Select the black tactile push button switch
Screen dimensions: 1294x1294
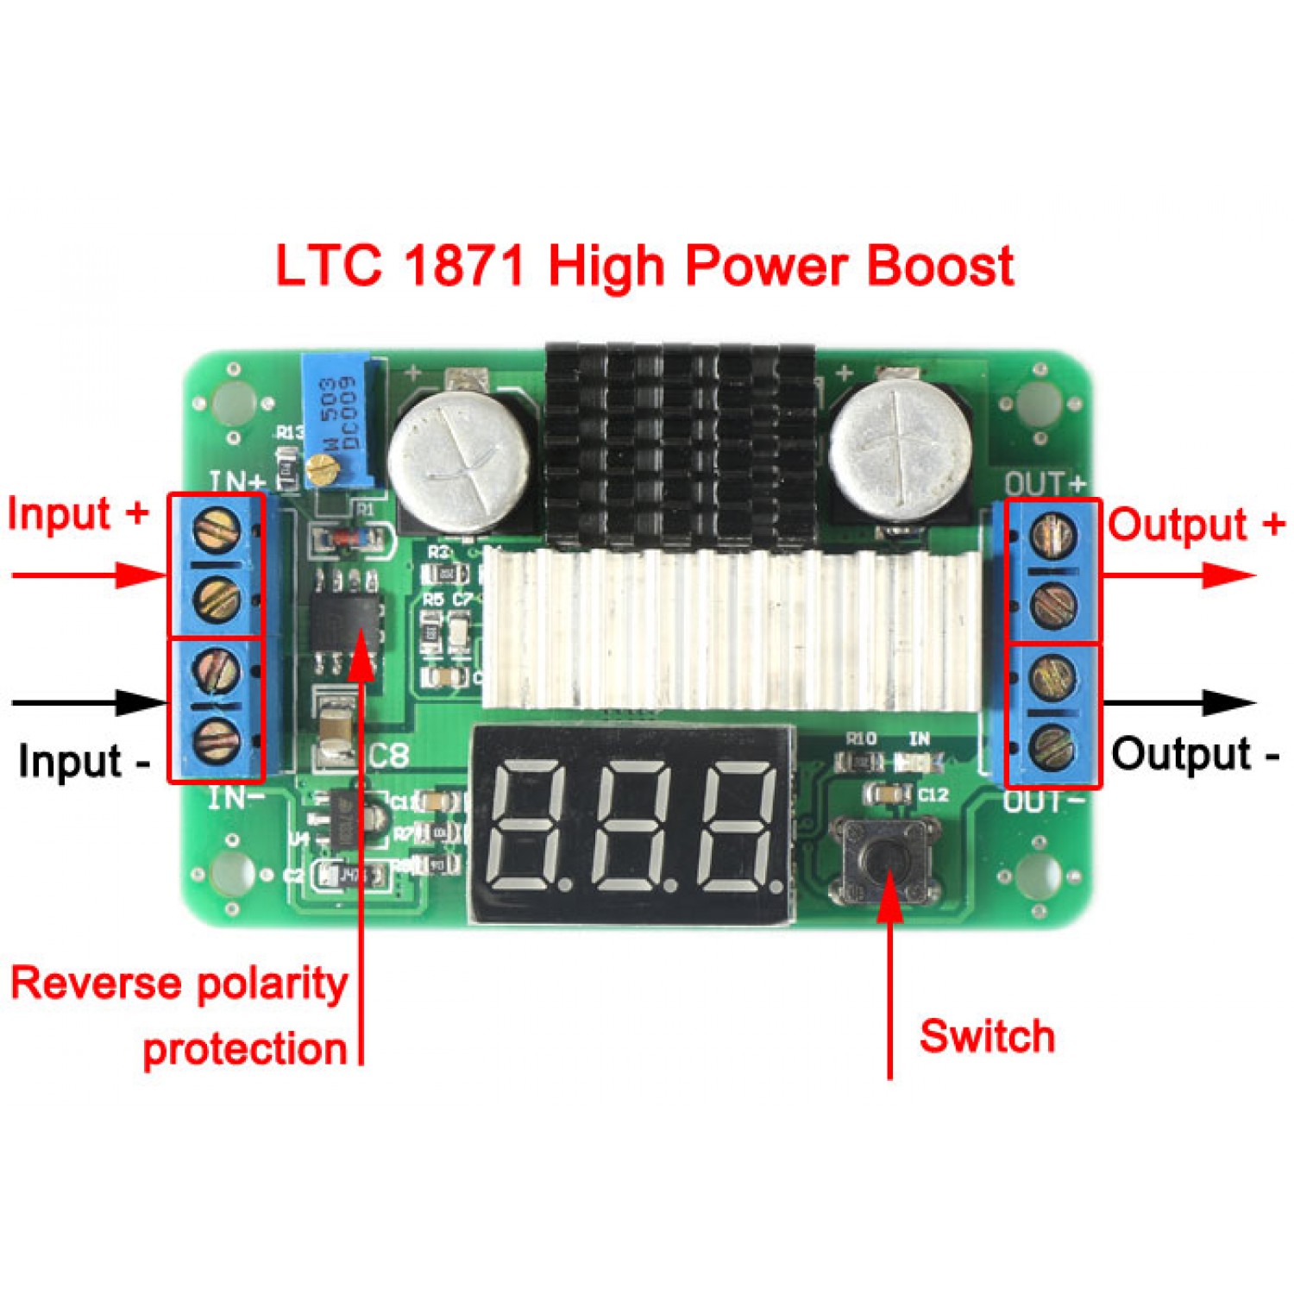tap(884, 859)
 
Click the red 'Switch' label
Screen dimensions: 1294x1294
tap(987, 1036)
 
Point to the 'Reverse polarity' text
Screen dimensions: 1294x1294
tap(179, 983)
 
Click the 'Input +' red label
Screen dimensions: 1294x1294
tap(78, 514)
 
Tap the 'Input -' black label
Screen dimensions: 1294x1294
tap(84, 761)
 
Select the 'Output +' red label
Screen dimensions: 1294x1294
tap(1196, 525)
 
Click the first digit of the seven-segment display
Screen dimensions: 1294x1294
tap(526, 827)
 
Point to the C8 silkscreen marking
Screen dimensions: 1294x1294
tap(388, 756)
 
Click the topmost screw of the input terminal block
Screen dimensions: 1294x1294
tap(217, 528)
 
